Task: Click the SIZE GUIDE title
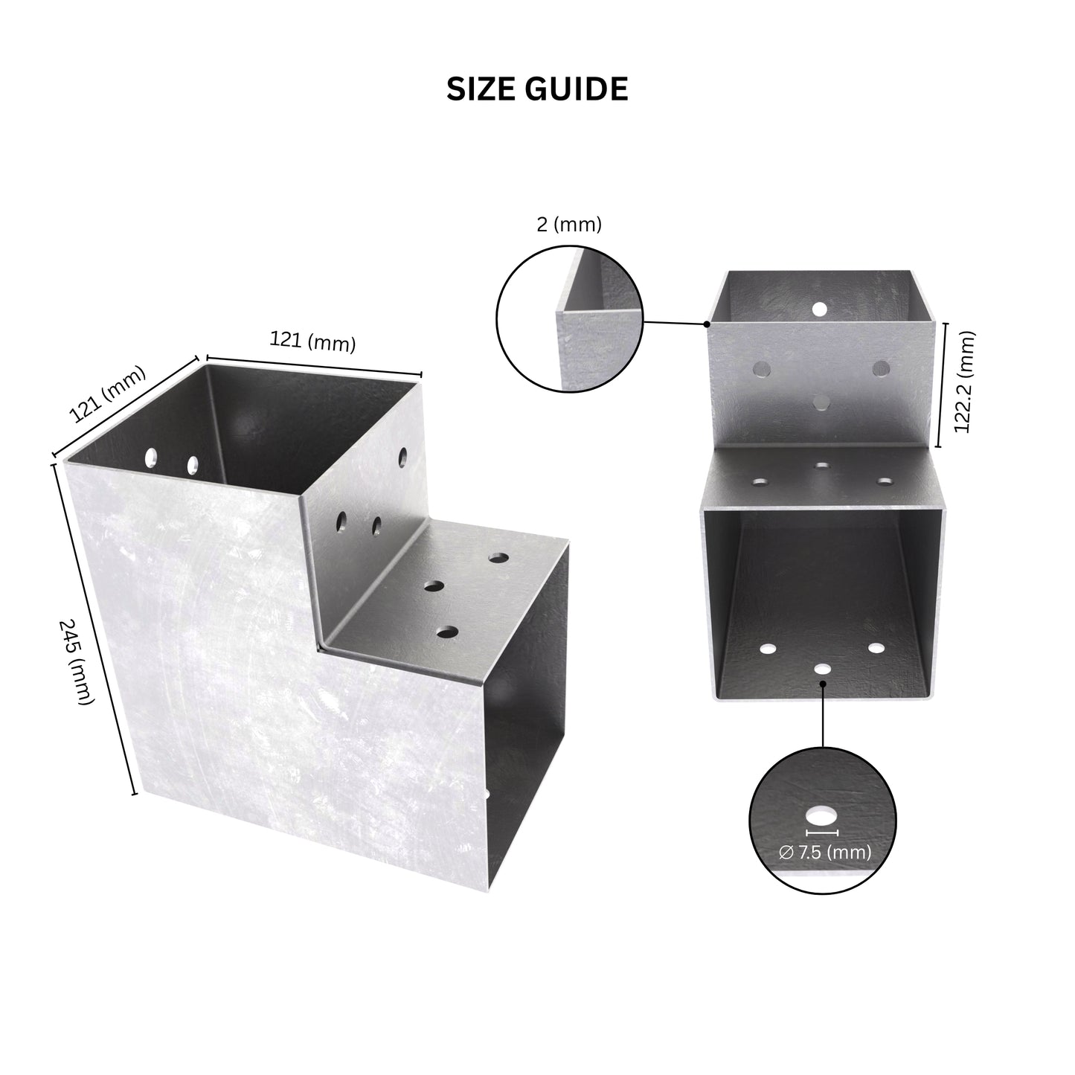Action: [x=537, y=89]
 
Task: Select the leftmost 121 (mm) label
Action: [x=107, y=394]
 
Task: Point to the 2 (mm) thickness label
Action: [x=569, y=224]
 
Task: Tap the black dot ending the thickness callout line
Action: [x=706, y=324]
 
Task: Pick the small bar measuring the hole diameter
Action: [x=821, y=832]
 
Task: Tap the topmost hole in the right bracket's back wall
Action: [x=819, y=308]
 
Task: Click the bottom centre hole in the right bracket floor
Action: [x=822, y=667]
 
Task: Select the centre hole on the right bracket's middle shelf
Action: [x=821, y=466]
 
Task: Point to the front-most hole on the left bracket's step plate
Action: [x=447, y=632]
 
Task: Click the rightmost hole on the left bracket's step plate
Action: [x=498, y=557]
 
